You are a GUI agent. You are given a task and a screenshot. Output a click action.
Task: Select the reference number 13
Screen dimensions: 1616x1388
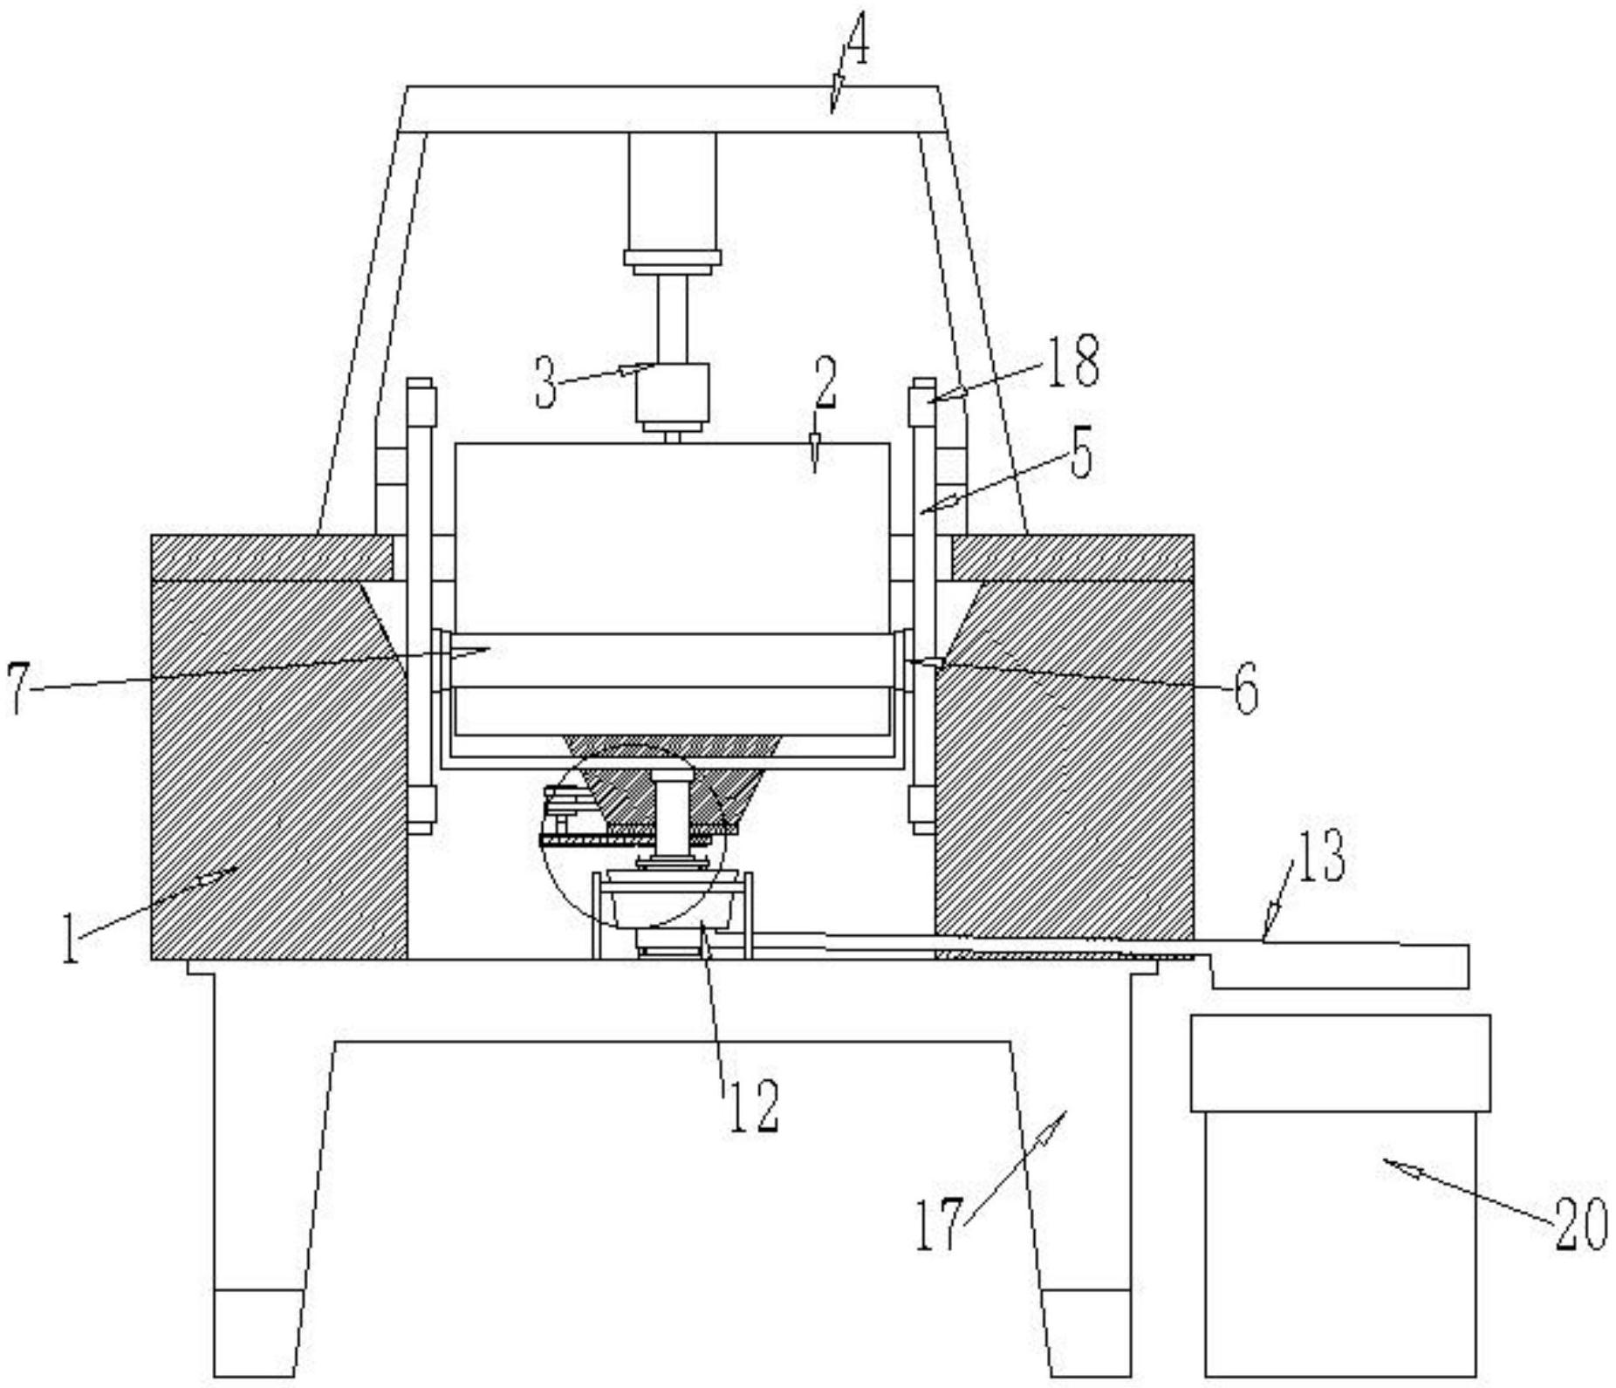coord(1321,857)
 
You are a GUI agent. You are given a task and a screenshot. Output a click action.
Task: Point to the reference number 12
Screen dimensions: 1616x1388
coord(752,1106)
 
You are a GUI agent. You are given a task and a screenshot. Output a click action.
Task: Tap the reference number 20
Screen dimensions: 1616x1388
coord(1580,1223)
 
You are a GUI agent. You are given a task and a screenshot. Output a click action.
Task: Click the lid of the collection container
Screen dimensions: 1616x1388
coord(1339,1062)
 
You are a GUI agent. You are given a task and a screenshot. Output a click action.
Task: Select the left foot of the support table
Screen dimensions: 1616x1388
coord(257,1332)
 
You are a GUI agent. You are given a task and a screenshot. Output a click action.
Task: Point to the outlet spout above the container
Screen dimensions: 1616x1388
coord(1339,965)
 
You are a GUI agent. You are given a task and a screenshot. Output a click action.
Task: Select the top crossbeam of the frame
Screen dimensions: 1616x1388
coord(668,109)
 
